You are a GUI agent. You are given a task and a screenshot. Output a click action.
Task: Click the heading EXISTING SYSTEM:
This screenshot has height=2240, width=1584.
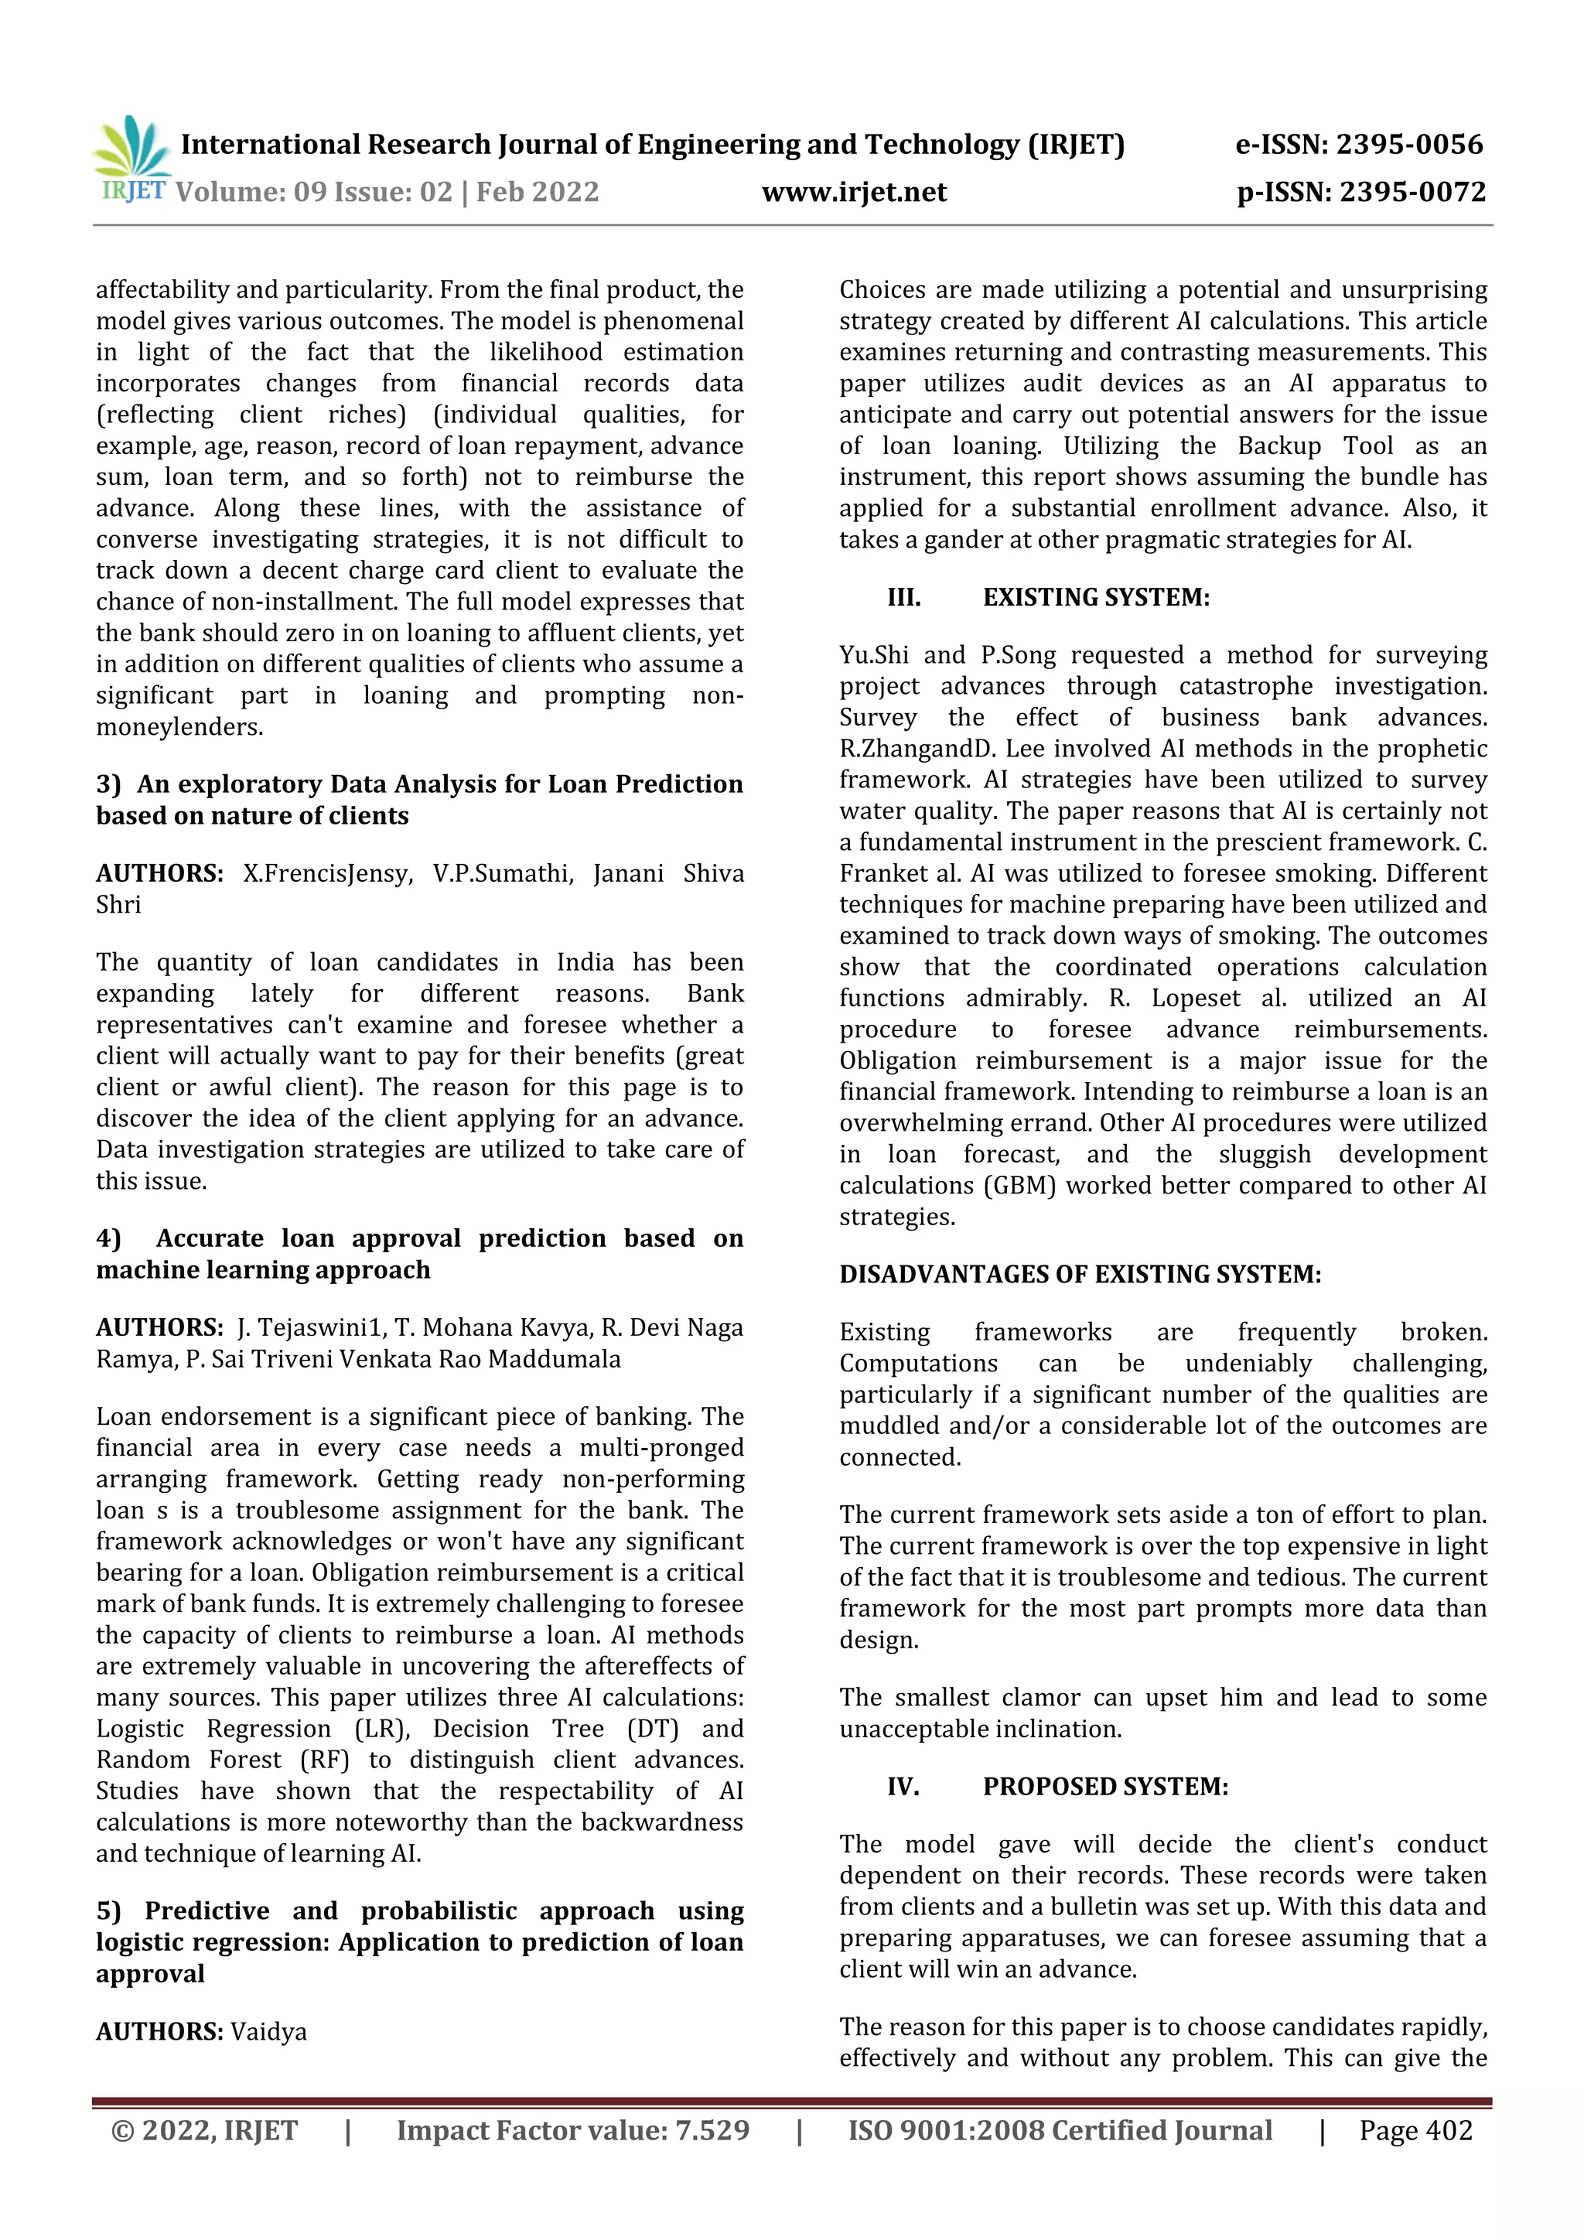click(x=1095, y=597)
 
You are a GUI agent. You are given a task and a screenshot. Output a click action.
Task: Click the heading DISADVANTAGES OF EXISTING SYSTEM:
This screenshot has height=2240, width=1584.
click(x=1080, y=1274)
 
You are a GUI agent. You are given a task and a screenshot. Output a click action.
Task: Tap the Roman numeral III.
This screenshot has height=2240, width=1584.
click(x=903, y=597)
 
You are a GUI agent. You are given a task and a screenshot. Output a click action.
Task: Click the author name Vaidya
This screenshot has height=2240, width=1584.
click(x=268, y=2031)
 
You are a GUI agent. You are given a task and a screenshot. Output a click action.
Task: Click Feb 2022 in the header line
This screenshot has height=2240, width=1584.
click(x=538, y=191)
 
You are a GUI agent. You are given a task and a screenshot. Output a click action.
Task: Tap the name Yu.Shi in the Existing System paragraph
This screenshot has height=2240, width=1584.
click(x=874, y=654)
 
